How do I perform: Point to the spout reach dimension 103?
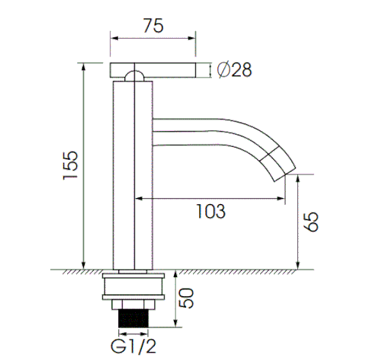[x=211, y=211]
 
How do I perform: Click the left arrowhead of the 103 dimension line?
[x=139, y=199]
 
